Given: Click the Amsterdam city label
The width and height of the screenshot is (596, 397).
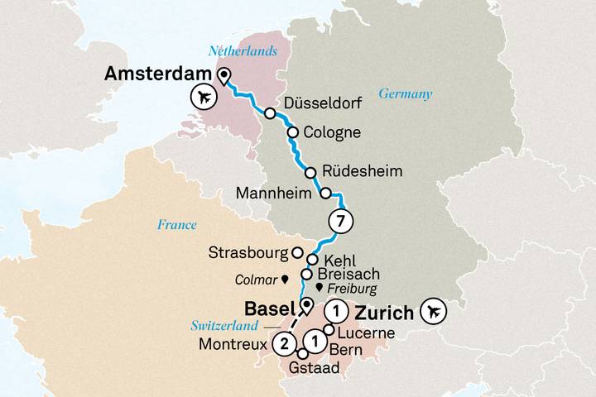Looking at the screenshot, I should point(158,74).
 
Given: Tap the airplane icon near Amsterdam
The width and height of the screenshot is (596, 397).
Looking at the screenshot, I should point(203,98).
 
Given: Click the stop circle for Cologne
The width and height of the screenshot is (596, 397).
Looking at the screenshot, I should point(292,132).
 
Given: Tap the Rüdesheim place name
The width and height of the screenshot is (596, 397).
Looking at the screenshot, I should point(363,172).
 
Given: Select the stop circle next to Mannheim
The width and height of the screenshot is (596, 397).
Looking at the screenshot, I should point(326,194).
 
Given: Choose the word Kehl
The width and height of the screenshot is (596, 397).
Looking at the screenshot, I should point(339,260).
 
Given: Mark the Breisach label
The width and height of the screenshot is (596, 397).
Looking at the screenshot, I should point(346,274).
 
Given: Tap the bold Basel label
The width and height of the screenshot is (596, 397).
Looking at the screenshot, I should point(270,309).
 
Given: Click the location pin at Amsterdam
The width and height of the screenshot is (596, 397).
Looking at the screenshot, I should point(223,77).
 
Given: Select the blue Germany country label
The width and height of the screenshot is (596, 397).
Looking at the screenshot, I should point(406,94).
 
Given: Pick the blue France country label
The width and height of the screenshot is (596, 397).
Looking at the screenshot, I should point(176,225).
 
